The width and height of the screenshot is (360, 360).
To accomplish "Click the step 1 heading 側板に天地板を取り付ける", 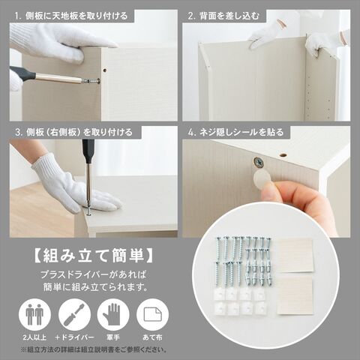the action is pos(71,16).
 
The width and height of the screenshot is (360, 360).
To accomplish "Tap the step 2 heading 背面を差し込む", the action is pos(223,16).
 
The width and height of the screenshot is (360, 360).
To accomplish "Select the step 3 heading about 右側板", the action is pos(73,132).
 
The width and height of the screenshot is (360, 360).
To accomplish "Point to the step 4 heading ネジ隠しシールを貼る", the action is pos(235,132).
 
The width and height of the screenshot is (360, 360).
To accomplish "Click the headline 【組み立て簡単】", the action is pos(93,256).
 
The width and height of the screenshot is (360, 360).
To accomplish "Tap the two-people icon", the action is pos(34,315).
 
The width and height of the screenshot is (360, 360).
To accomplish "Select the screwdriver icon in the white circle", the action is pos(74,315).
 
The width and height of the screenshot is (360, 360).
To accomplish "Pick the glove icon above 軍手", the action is pos(113,315).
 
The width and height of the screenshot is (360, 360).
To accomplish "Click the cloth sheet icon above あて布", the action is pos(152,315).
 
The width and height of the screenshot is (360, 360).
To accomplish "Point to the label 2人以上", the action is pos(34,337).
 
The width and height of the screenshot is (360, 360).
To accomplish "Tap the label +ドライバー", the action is pos(74,337).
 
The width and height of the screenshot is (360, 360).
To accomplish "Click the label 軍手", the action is pos(113,337).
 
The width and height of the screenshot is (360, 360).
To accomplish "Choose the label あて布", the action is pos(152,337).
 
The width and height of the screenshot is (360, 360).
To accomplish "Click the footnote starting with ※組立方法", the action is pos(94,349).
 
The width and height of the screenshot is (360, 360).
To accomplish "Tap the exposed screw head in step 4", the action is pos(259,163).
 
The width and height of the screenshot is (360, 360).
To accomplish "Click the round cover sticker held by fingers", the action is pos(262,179).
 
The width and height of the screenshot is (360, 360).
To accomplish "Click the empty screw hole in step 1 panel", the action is pos(105,70).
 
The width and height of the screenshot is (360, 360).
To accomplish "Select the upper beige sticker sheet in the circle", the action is pos(295,256).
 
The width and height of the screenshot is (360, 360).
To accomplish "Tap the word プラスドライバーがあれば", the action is pos(93,275).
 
